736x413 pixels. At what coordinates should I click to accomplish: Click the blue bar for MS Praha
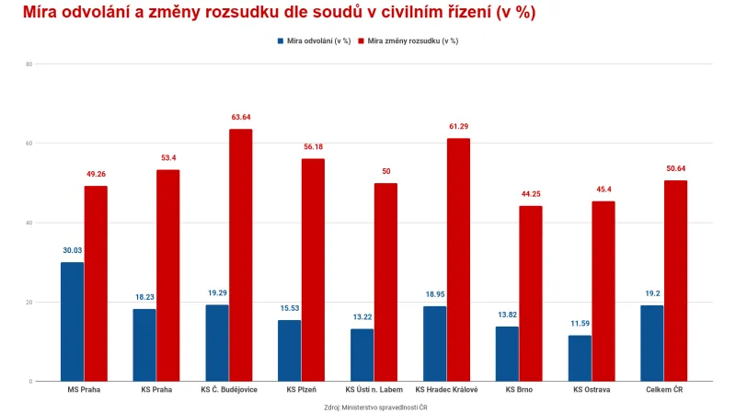click(x=72, y=322)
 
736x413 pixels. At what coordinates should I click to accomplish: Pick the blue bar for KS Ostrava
click(x=580, y=358)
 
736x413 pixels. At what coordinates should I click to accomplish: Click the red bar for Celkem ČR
click(x=675, y=281)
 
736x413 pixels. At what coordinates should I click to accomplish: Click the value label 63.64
click(x=240, y=118)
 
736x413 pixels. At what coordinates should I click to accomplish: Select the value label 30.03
click(x=72, y=250)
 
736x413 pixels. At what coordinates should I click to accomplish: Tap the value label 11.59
click(x=580, y=324)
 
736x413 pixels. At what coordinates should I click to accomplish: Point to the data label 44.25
click(x=531, y=194)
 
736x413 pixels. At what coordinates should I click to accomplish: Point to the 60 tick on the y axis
click(x=29, y=143)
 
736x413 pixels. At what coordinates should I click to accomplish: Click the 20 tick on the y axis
click(x=29, y=302)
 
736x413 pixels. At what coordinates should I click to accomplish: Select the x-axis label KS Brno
click(x=519, y=390)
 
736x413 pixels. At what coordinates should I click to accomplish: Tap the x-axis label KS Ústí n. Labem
click(x=374, y=390)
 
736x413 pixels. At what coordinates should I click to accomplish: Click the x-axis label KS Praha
click(x=156, y=390)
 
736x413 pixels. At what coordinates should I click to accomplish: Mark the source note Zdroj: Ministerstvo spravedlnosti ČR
click(x=375, y=407)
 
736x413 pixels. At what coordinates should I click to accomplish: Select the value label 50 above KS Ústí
click(x=385, y=172)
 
